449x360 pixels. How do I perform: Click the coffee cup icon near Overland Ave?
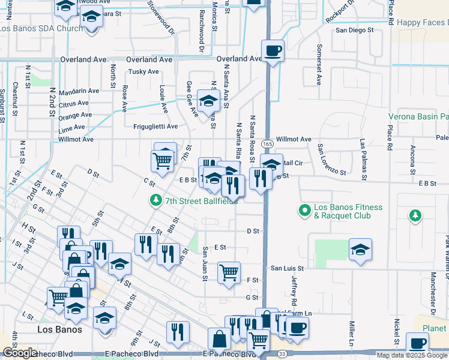pos(273,50)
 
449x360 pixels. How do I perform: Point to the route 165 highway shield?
pos(267,145)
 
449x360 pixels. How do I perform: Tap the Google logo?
pos(20,353)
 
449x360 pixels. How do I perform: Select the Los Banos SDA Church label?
pos(41,28)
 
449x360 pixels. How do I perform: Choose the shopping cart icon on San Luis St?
pos(229,272)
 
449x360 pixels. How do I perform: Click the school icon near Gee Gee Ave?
pos(208,101)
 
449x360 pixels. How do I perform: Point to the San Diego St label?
pos(355,29)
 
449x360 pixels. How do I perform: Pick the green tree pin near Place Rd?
pos(414,215)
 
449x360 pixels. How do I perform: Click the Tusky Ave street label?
pos(143,71)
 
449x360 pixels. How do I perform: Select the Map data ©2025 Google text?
pos(412,355)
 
